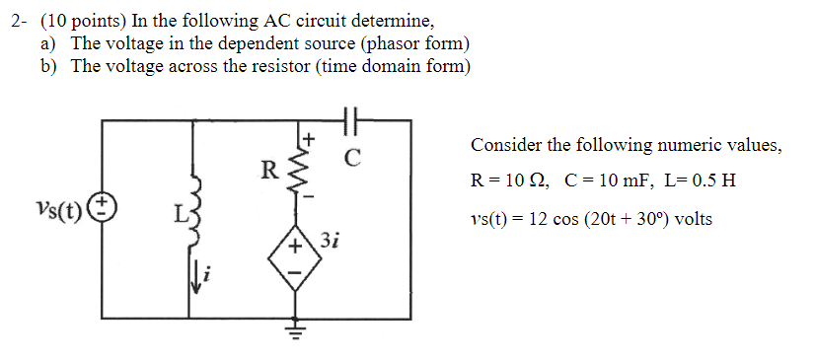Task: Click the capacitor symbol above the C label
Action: [x=351, y=119]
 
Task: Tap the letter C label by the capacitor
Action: [x=352, y=156]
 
